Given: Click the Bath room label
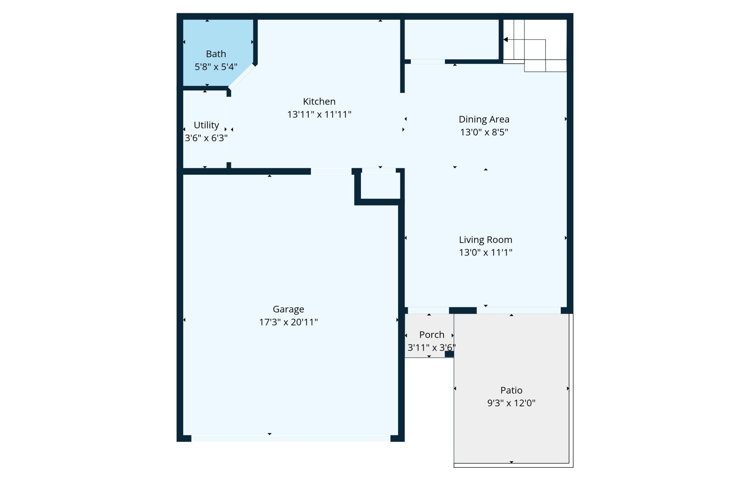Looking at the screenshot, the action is (216, 54).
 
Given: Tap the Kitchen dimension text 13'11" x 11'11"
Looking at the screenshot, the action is (319, 114).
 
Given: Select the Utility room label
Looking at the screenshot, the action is (206, 125).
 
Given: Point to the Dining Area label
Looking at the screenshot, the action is (484, 119).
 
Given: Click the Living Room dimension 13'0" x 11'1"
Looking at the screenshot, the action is (485, 252).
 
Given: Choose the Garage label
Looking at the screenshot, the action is (288, 309).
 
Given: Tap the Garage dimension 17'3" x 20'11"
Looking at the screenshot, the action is (288, 322).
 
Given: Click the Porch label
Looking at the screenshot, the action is (432, 335).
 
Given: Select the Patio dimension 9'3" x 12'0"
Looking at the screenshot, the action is (511, 403).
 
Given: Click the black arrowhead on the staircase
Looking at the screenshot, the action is (506, 40).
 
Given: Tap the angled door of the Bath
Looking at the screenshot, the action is (242, 77).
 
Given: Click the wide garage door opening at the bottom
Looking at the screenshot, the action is (291, 438).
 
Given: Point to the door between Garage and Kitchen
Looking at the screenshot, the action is (331, 171).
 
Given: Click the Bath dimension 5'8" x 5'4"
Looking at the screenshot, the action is (216, 67).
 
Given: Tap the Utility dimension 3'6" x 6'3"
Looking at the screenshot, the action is (206, 138).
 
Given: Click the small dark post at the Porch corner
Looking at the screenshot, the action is (449, 354).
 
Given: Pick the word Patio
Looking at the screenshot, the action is (511, 390).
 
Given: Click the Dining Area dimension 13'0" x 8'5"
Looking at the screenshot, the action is (484, 132).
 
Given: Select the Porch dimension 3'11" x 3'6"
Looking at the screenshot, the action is (432, 347).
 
